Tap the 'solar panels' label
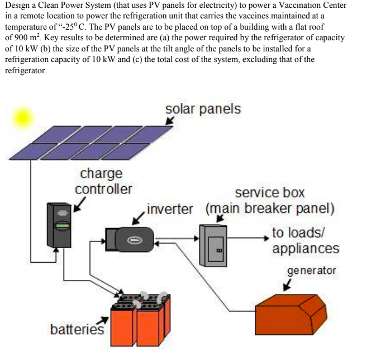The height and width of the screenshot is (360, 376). pos(203,108)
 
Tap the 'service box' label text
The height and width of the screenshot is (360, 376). pos(269,193)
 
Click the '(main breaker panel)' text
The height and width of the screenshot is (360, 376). pos(270,210)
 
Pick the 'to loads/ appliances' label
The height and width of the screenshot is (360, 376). pos(305,241)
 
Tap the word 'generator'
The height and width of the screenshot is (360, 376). pos(312,271)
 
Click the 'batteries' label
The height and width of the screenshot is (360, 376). pos(77,329)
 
